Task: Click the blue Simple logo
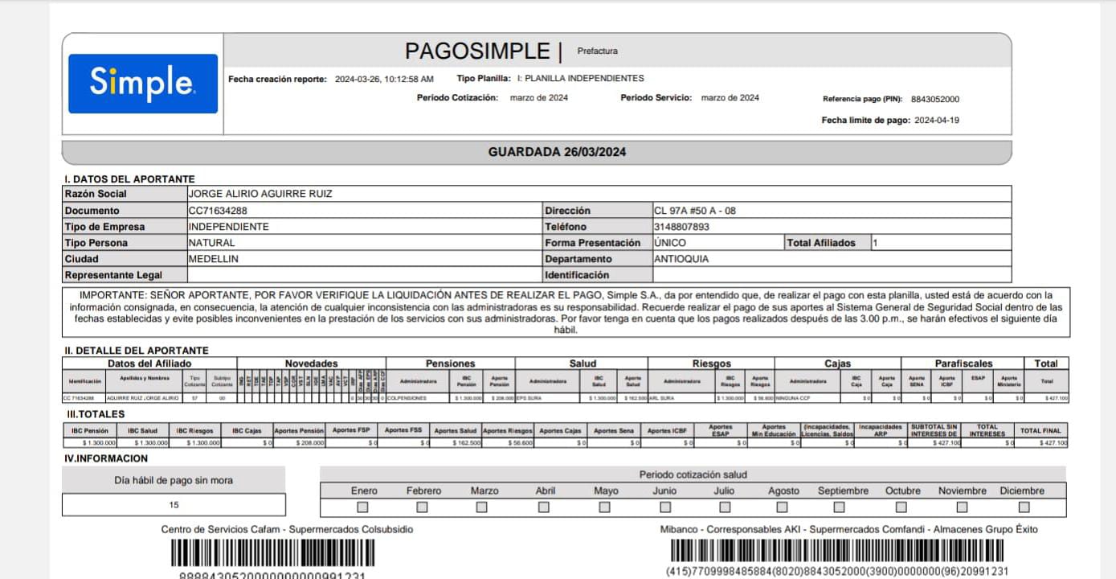pos(143,84)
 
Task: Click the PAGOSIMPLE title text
pos(476,51)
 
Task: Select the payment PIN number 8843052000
pos(935,100)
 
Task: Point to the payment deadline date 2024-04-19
pos(937,121)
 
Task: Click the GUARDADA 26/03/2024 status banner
pos(557,152)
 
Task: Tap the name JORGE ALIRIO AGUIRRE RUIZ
pos(260,194)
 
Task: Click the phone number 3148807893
pos(681,227)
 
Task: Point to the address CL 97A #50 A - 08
pos(695,211)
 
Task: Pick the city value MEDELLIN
pos(213,259)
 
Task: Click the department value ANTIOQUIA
pos(681,259)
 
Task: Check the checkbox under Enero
pos(363,507)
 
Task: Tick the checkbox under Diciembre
pos(1024,507)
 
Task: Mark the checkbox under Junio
pos(665,507)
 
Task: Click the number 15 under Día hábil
pos(174,505)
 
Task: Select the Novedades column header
pos(311,363)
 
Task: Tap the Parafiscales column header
pos(963,363)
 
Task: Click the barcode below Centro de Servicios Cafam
pos(272,553)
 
